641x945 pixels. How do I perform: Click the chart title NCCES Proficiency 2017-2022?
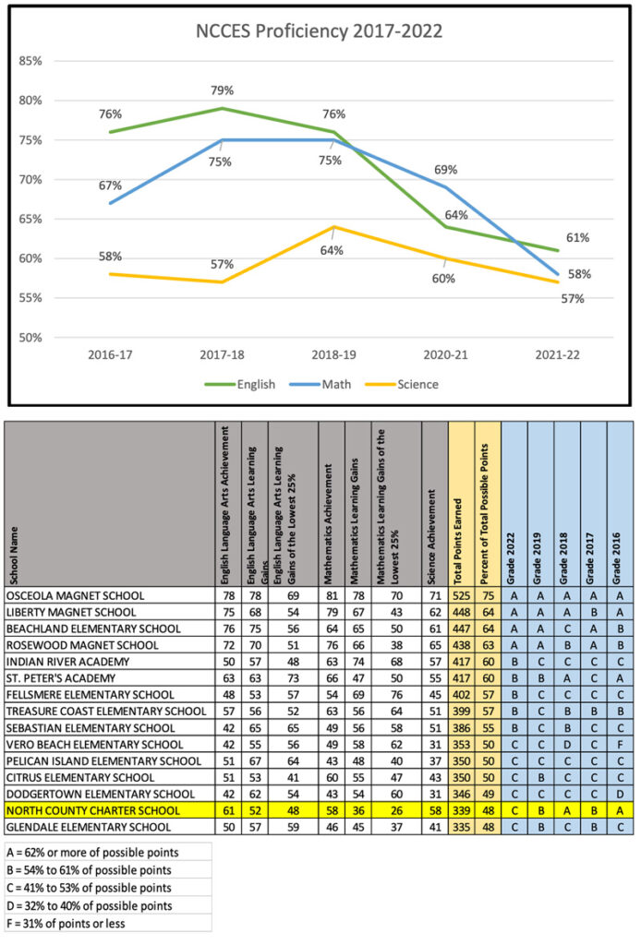click(x=320, y=31)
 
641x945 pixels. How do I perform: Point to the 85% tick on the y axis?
click(x=31, y=61)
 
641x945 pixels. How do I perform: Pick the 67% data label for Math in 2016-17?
click(x=98, y=185)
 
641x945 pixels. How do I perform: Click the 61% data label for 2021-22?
click(x=579, y=237)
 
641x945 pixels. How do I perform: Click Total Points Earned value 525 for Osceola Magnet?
click(x=461, y=596)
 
